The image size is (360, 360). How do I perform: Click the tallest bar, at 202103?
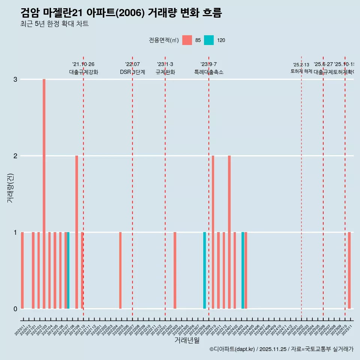(44, 194)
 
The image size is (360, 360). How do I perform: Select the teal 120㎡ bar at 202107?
(68, 270)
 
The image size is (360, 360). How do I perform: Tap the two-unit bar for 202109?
(76, 232)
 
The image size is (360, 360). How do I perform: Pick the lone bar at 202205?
(120, 270)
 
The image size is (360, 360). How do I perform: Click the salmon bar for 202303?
(175, 270)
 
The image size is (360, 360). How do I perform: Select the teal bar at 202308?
(205, 270)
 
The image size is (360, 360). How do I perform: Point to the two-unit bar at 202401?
(229, 232)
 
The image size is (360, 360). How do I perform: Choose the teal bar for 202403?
(243, 270)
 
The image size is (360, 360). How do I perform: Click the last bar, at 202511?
(349, 270)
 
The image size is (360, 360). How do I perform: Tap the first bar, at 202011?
(22, 270)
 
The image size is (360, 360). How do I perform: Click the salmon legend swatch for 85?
(187, 40)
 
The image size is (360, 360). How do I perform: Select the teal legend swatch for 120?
(209, 40)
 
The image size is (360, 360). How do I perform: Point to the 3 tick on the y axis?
(15, 79)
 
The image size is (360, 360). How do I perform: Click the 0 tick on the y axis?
(15, 309)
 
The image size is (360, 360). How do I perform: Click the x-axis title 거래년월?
(187, 340)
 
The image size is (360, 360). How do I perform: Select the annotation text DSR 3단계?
(132, 72)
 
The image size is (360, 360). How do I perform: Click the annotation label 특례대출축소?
(208, 72)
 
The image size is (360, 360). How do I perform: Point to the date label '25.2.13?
(301, 65)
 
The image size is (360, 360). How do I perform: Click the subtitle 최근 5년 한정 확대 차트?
(54, 24)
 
